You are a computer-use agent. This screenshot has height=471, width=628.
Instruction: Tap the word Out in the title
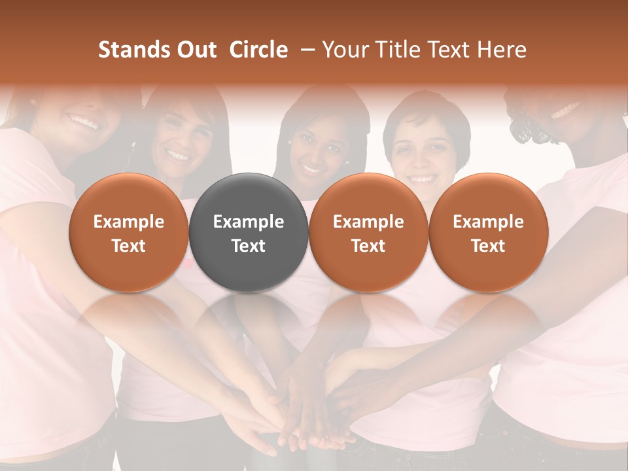click(x=195, y=50)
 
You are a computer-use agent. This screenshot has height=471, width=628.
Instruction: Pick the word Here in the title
click(x=503, y=50)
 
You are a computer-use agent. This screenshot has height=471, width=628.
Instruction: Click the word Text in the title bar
click(x=451, y=50)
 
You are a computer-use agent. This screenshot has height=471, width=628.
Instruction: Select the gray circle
click(x=249, y=233)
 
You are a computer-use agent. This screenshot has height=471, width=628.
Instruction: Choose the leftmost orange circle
click(x=129, y=233)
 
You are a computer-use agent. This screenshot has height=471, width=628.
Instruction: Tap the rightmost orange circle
click(x=488, y=233)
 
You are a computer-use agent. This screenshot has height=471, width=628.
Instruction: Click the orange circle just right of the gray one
click(x=368, y=233)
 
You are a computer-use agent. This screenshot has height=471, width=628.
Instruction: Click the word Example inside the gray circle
click(x=249, y=222)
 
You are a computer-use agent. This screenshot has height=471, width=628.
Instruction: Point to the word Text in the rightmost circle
click(x=488, y=245)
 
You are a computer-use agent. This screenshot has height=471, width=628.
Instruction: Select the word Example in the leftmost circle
click(x=129, y=222)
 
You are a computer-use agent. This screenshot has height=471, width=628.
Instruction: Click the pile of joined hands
click(x=307, y=419)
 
